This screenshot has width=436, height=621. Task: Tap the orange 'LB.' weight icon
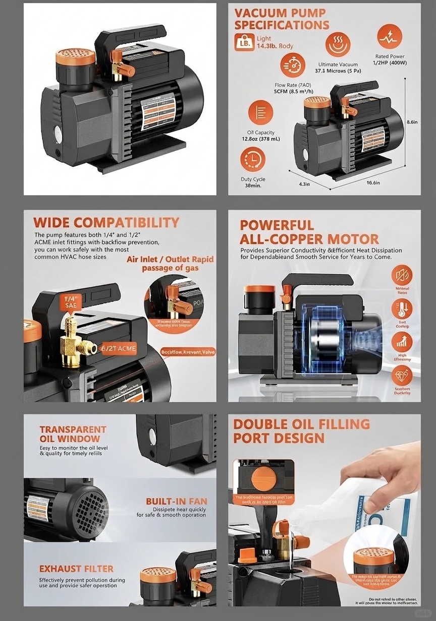click(244, 42)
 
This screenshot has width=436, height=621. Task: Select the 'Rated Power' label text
click(390, 56)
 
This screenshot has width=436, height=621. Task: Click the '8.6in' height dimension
click(411, 121)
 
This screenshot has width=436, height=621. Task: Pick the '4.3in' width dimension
click(304, 184)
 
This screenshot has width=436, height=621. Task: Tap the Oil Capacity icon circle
click(260, 112)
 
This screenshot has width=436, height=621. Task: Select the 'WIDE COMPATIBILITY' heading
click(106, 222)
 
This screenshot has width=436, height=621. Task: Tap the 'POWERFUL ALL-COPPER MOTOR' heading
click(309, 232)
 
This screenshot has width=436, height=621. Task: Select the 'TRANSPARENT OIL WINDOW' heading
click(73, 434)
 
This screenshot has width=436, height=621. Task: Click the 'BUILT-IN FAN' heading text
click(176, 502)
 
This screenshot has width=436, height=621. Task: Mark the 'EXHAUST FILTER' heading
click(76, 569)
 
